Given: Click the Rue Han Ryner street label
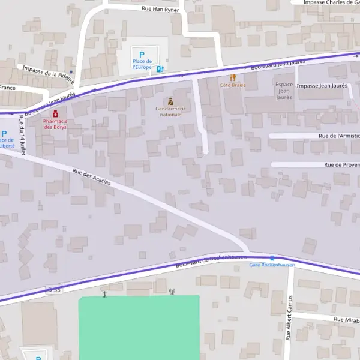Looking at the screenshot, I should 160,9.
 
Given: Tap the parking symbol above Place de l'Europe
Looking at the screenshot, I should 142,55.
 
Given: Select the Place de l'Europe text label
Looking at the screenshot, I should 142,64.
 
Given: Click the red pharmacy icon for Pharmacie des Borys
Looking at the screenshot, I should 55,113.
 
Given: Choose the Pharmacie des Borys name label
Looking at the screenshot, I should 55,124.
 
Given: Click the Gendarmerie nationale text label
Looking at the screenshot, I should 171,112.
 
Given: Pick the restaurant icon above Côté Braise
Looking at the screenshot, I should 233,77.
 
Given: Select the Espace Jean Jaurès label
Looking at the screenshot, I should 284,91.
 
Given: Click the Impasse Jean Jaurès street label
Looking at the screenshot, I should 322,86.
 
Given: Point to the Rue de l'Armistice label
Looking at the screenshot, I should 337,136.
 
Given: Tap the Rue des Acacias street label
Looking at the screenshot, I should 92,177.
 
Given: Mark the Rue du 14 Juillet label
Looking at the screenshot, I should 23,136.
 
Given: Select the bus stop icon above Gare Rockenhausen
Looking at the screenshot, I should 272,258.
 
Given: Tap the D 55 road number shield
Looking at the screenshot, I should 54,290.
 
